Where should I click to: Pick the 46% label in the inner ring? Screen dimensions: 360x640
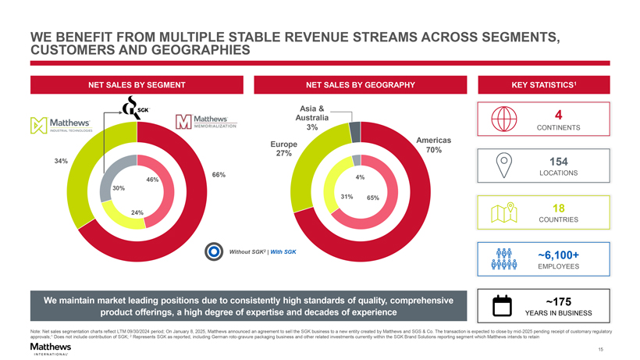click(153, 180)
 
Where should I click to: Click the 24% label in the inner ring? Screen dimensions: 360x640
click(137, 213)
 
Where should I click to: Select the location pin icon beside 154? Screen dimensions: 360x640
click(506, 166)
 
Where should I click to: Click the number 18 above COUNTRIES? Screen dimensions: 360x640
click(558, 209)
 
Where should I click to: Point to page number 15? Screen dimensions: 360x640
click(599, 349)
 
